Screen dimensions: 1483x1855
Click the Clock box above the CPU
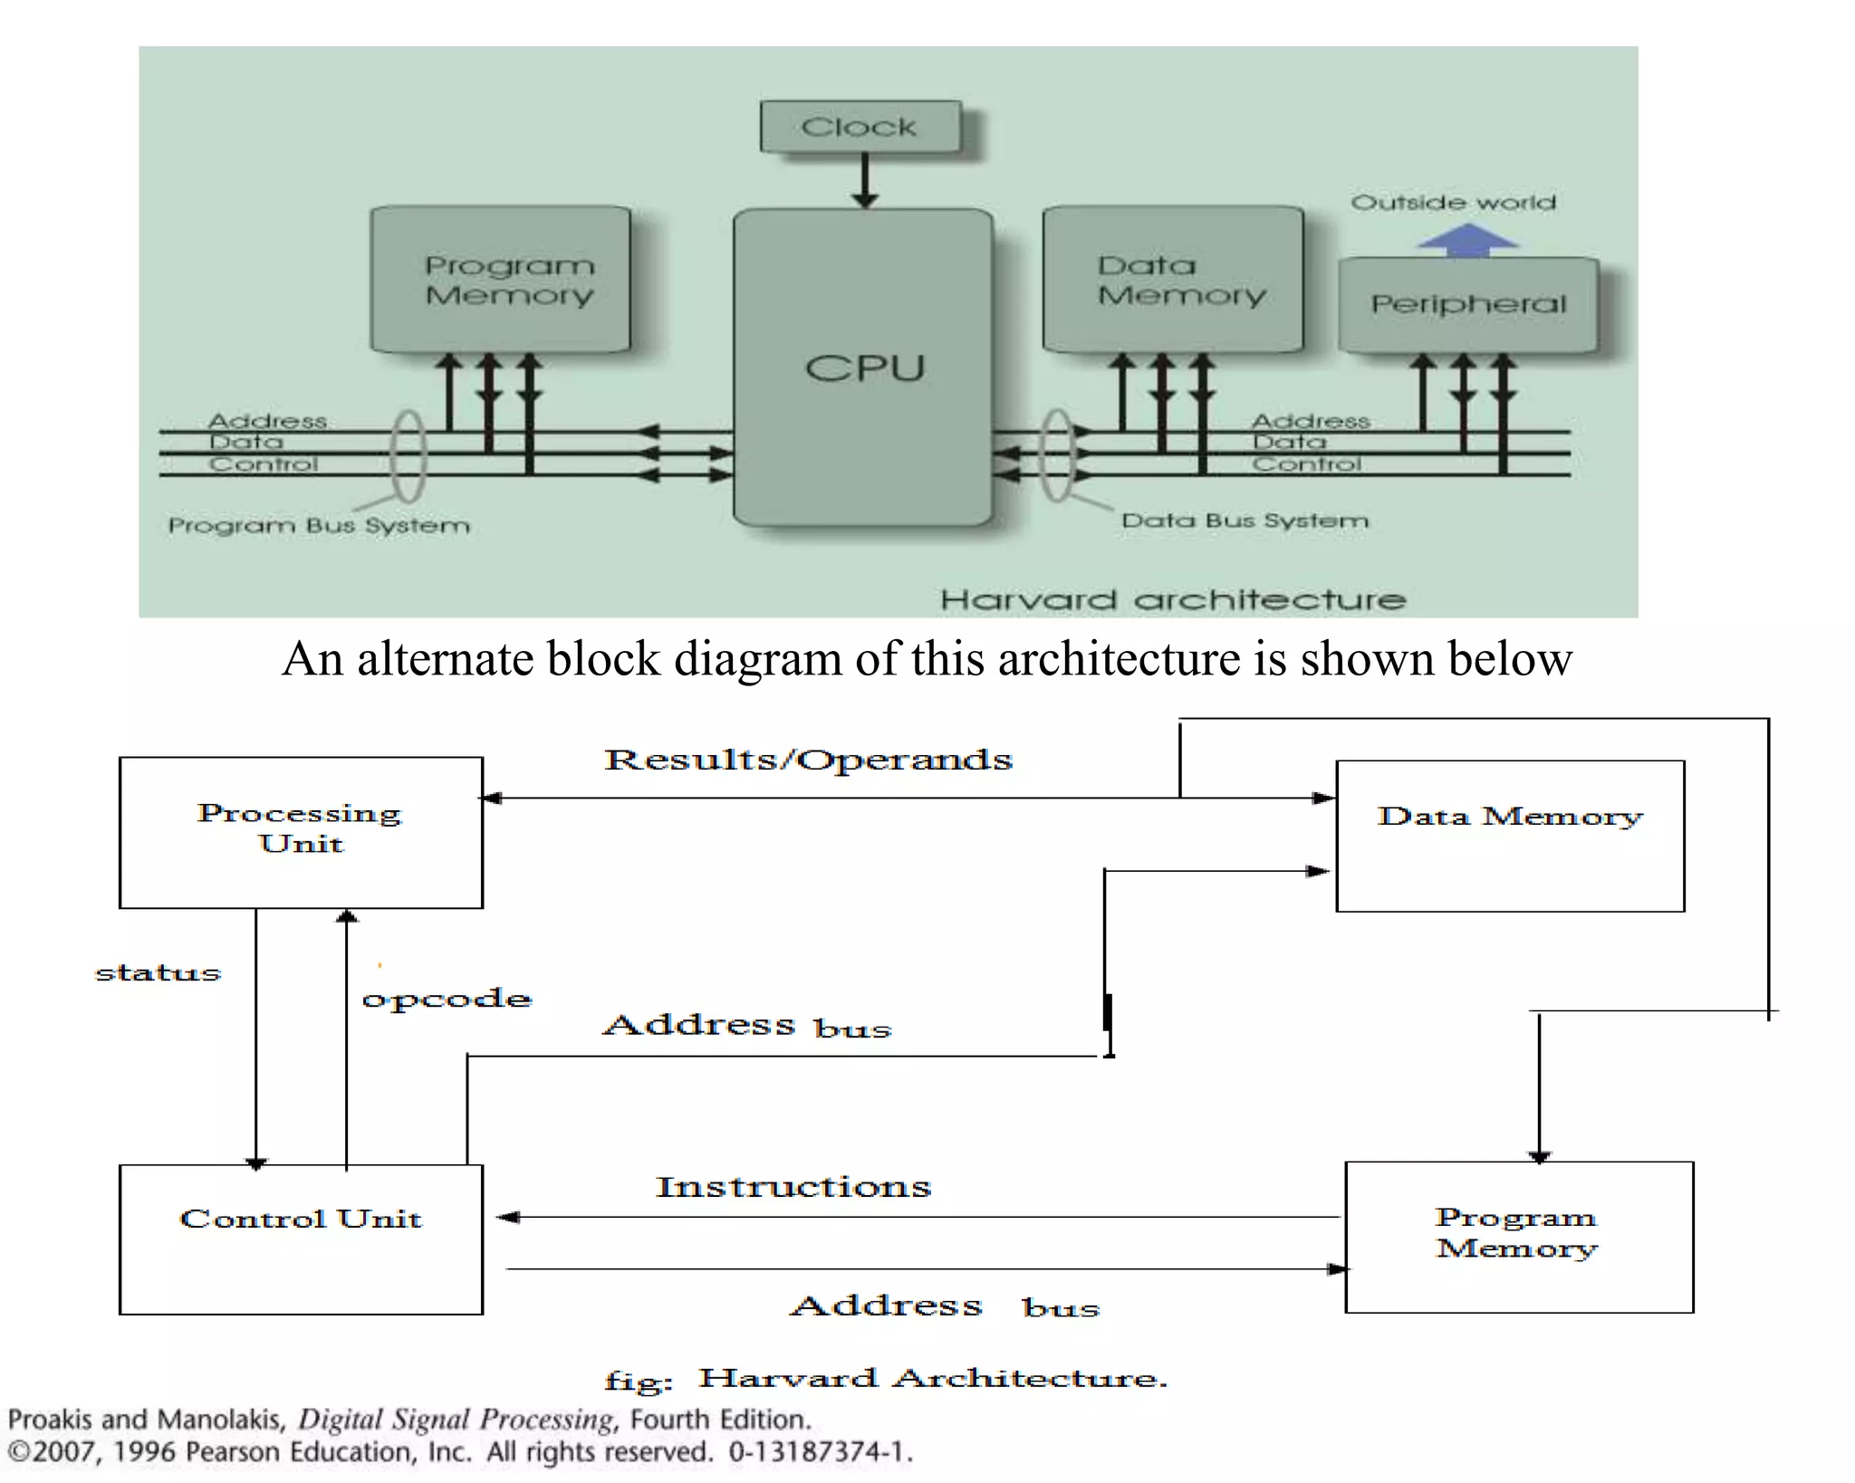(x=860, y=127)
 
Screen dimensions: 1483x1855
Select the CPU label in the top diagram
(x=864, y=368)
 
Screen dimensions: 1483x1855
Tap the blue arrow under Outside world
(x=1467, y=240)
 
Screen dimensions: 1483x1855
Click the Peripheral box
(x=1468, y=304)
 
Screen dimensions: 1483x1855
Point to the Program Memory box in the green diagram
(x=501, y=280)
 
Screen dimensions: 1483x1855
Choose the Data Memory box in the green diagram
(x=1173, y=280)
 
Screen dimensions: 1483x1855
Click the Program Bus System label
(x=319, y=526)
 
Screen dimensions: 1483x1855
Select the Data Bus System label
(x=1245, y=521)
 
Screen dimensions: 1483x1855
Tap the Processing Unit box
(x=301, y=831)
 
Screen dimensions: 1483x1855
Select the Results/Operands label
(x=808, y=760)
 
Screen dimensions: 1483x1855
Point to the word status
(x=158, y=973)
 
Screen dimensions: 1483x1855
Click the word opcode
(x=447, y=1000)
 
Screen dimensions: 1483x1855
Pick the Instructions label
(x=793, y=1187)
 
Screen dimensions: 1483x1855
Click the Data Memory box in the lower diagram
(x=1510, y=836)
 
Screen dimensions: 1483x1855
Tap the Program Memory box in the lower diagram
(x=1519, y=1237)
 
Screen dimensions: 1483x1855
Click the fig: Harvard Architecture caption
(x=886, y=1379)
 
